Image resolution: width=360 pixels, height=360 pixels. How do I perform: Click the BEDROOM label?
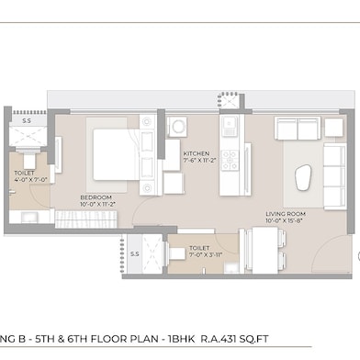click(96, 197)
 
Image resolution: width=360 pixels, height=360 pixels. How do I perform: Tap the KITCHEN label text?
click(197, 153)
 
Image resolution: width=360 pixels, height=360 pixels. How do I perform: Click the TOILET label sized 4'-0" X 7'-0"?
click(25, 173)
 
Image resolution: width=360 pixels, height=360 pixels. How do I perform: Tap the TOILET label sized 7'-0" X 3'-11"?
click(198, 248)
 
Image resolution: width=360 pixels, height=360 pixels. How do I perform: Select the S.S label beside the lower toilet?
click(134, 253)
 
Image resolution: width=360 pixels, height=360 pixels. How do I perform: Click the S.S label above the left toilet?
click(27, 120)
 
